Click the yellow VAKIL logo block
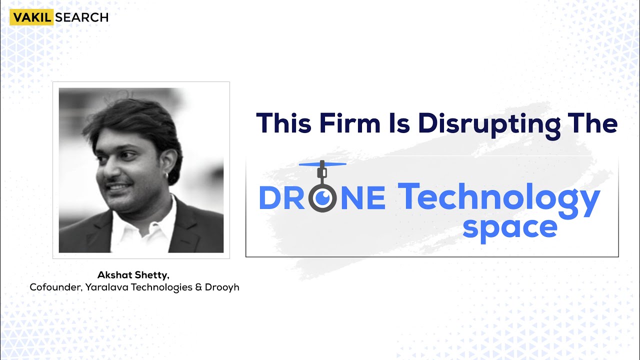(31, 17)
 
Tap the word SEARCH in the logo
(81, 17)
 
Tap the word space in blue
(509, 227)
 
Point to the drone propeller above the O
(322, 164)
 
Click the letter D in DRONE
(270, 198)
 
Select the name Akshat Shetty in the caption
(133, 274)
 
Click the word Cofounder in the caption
(53, 287)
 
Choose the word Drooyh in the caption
(222, 287)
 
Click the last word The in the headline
(594, 123)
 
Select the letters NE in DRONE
(364, 198)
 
